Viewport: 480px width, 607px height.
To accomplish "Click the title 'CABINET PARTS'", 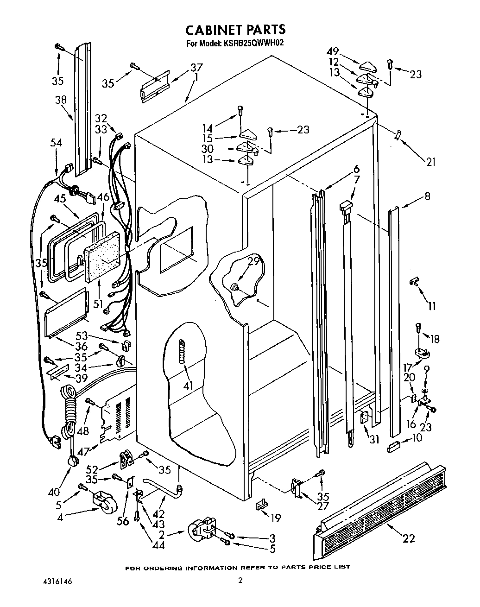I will [x=235, y=30].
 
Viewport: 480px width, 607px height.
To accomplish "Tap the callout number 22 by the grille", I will [x=409, y=538].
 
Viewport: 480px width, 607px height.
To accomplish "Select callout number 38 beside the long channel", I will [x=61, y=100].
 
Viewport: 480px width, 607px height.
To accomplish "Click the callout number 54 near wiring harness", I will [x=56, y=144].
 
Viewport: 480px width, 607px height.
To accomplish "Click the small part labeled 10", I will [x=395, y=447].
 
